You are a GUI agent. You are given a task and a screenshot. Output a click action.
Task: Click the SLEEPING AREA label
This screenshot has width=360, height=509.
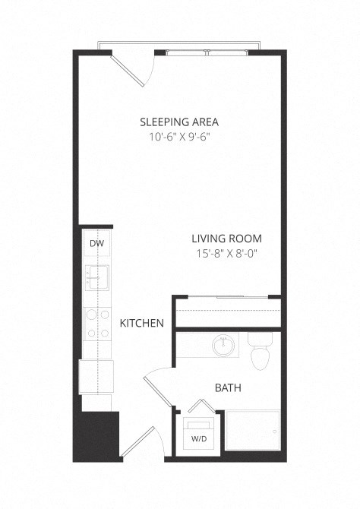coord(180,121)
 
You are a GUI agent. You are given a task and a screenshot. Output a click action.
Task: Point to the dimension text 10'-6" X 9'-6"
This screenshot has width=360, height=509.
coord(180,138)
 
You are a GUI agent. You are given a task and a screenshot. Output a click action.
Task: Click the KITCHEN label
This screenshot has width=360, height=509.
coord(142,324)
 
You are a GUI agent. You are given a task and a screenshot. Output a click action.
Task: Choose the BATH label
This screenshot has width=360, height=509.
coord(228,387)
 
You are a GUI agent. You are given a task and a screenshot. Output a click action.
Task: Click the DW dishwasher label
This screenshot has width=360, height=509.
coord(96,244)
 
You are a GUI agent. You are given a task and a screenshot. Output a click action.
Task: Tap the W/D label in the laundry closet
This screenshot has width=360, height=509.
coord(198,438)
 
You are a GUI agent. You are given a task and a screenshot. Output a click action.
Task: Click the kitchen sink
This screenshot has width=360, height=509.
coord(96,277)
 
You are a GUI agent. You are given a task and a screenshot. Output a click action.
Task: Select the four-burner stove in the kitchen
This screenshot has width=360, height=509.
coord(96,322)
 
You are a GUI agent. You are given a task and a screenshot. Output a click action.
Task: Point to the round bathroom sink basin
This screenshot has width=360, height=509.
coord(223,346)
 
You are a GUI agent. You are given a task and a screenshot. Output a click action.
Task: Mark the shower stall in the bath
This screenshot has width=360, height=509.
coord(253,433)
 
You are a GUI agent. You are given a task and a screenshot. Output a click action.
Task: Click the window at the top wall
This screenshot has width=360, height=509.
coord(207,53)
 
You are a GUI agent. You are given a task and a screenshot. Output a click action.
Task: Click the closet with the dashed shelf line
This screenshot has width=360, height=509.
coord(227,312)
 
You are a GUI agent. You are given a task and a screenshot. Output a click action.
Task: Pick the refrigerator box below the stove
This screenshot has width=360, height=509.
coord(96,375)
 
